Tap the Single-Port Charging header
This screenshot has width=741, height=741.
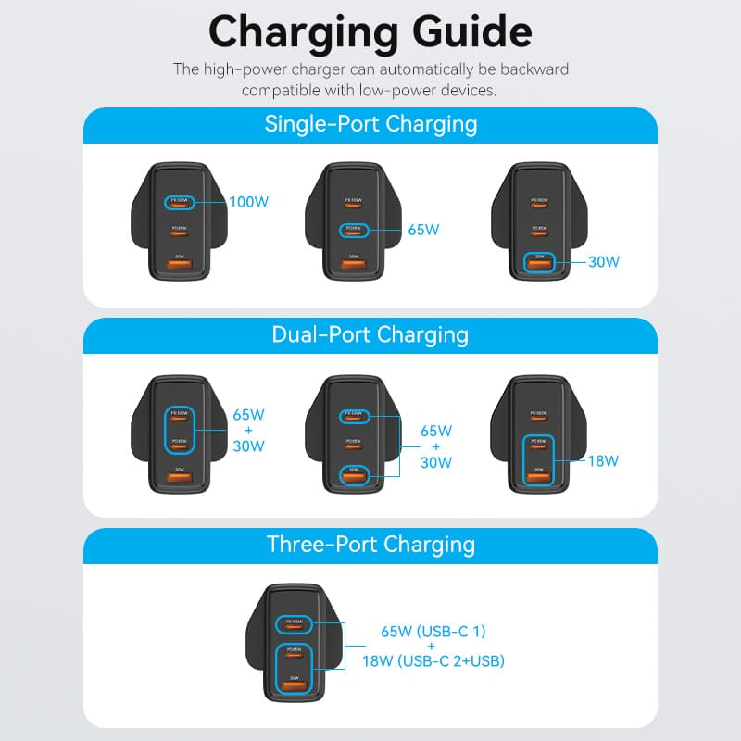(370, 124)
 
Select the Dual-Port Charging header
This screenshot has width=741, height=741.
(370, 334)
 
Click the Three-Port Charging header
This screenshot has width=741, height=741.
(370, 545)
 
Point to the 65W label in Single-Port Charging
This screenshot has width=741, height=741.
(422, 230)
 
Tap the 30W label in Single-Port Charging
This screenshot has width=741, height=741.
(603, 261)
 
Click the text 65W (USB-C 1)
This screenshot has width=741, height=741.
(433, 632)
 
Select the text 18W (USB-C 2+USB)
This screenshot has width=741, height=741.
(433, 661)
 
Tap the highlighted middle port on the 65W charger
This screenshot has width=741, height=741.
(352, 230)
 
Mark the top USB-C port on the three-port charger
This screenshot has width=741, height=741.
(297, 622)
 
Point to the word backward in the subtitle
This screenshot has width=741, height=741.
(533, 69)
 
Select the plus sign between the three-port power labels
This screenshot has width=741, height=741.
(433, 647)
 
